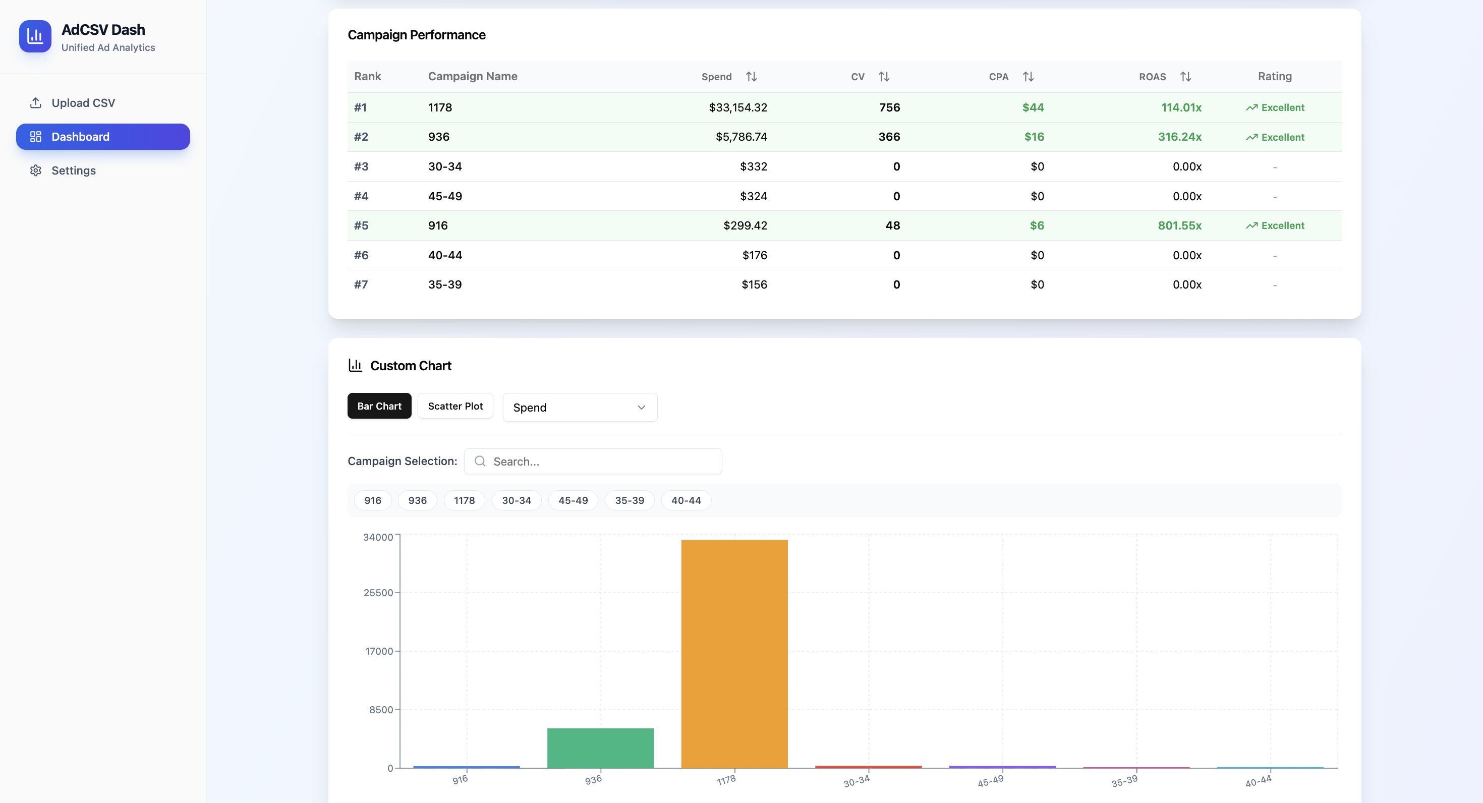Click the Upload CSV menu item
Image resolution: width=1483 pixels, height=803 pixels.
[83, 103]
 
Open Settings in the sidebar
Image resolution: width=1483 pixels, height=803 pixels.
[73, 170]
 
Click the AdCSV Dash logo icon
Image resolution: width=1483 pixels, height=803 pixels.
[35, 36]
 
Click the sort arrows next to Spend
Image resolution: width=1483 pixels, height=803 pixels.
[751, 77]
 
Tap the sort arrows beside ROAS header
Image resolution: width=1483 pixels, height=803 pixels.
[1185, 77]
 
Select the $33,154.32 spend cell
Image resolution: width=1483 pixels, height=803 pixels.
[737, 107]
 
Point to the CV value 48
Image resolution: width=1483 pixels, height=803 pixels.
[892, 225]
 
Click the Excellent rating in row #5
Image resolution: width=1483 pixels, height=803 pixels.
[1275, 225]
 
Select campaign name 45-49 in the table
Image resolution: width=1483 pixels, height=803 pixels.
[445, 196]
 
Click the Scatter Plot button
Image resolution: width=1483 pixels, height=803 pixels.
[455, 406]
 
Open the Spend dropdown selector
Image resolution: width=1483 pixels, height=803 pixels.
[579, 408]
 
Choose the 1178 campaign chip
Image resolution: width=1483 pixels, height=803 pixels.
[464, 500]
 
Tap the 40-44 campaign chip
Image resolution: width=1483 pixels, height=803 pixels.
[686, 500]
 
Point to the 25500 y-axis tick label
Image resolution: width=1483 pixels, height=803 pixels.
[378, 593]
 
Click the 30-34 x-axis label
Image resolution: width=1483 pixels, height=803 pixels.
[856, 781]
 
